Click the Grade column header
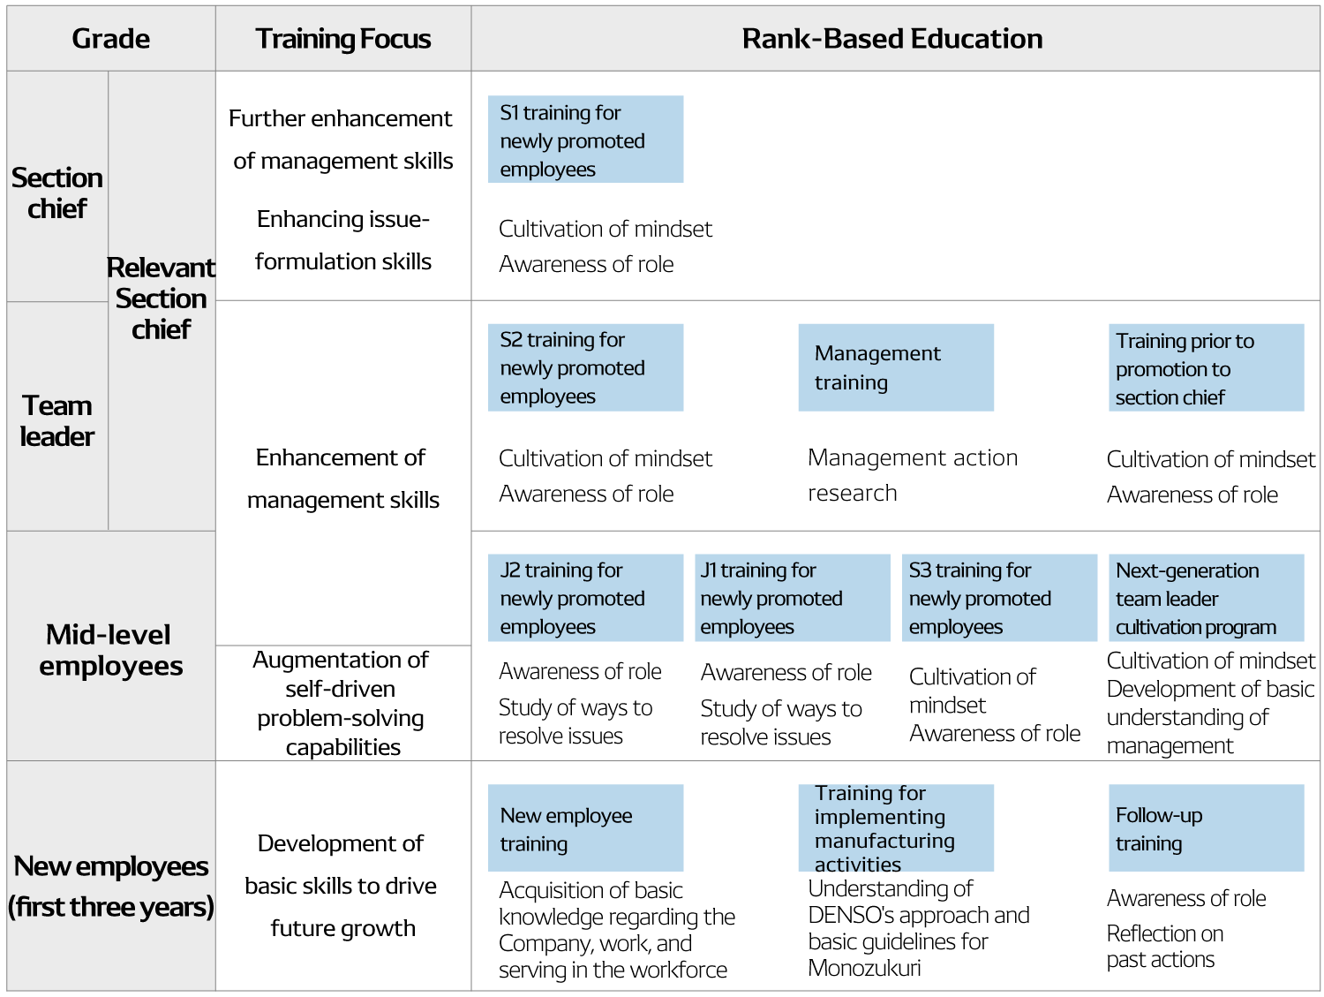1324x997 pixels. [111, 39]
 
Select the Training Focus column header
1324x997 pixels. [342, 39]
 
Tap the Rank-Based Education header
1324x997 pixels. [892, 39]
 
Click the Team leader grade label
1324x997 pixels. [57, 420]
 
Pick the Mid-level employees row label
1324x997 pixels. [110, 650]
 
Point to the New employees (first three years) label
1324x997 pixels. [111, 887]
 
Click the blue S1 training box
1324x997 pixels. [586, 140]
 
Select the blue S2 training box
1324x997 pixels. [586, 367]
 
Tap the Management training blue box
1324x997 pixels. [896, 367]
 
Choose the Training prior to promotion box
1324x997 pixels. [1207, 367]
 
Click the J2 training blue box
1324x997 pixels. [586, 598]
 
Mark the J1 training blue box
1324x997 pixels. [793, 598]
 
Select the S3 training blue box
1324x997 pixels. [999, 598]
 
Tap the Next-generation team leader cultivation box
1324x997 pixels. [1207, 598]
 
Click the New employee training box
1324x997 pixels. [586, 828]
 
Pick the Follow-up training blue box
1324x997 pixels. [1207, 828]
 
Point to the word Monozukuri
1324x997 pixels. [864, 968]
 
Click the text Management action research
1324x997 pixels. [913, 476]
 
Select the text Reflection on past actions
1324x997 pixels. [1165, 947]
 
